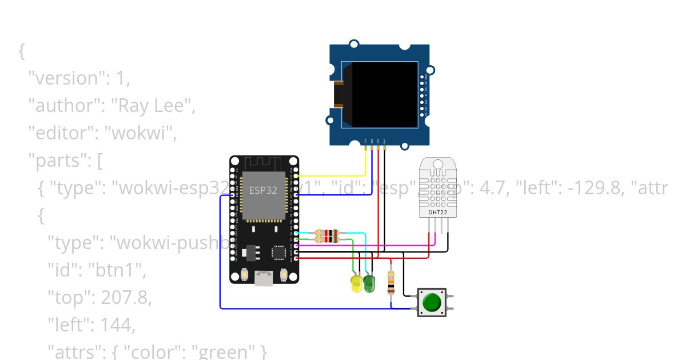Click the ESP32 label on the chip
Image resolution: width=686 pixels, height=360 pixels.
(263, 190)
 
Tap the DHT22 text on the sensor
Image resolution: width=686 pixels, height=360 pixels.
(437, 213)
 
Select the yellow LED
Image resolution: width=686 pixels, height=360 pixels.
(356, 284)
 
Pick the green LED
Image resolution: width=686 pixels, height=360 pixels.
(369, 283)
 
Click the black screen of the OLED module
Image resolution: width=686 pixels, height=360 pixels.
(384, 94)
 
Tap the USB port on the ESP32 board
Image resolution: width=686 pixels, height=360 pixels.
(264, 278)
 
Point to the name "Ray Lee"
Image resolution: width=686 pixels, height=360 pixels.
(150, 106)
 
